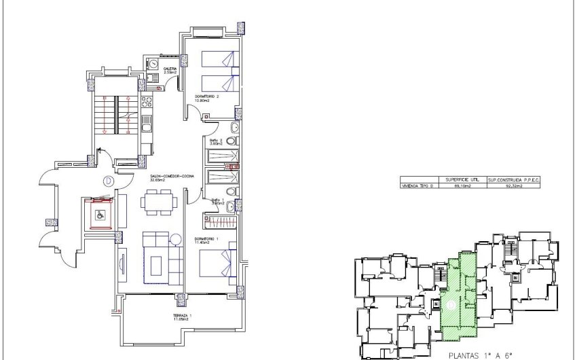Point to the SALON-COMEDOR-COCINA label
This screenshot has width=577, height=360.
tap(172, 176)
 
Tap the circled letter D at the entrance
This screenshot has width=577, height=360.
tap(109, 181)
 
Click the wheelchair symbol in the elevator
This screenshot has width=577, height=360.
tap(99, 215)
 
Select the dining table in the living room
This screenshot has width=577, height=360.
tap(160, 201)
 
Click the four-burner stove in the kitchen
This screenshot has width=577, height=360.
tap(146, 104)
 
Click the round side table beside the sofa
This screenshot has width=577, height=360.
tap(175, 239)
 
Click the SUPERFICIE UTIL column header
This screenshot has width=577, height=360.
tap(458, 179)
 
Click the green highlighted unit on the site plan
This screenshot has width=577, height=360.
tap(459, 299)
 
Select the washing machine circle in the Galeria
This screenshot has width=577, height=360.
tap(153, 64)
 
